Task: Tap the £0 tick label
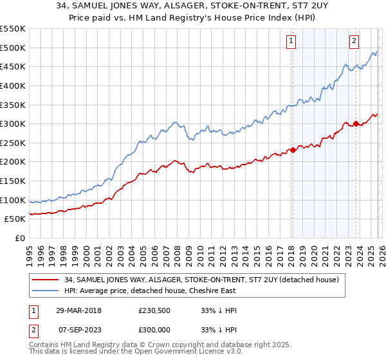(x=19, y=239)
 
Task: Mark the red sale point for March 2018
(x=293, y=150)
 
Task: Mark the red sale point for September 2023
(x=355, y=123)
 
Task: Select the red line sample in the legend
(x=46, y=280)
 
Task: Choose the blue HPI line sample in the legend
(x=46, y=291)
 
